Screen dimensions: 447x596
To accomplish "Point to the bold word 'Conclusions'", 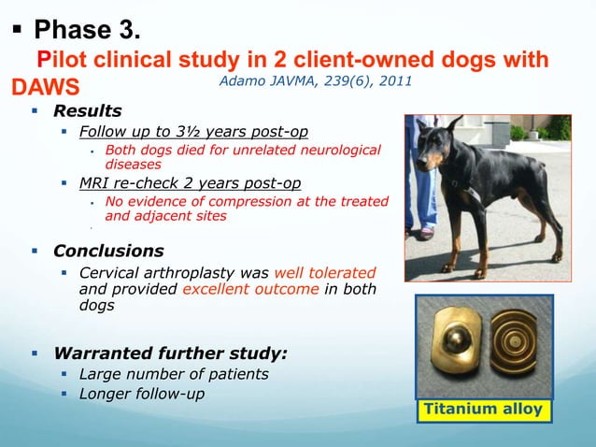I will coord(108,251).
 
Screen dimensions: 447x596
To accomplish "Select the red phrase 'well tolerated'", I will coord(325,271).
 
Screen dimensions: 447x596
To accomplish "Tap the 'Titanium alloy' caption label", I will coord(483,410).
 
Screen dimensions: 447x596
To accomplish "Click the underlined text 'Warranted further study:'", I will coord(170,353).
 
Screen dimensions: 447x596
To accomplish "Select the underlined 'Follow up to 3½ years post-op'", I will coord(193,131).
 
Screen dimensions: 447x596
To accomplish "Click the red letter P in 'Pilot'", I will coord(42,61).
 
